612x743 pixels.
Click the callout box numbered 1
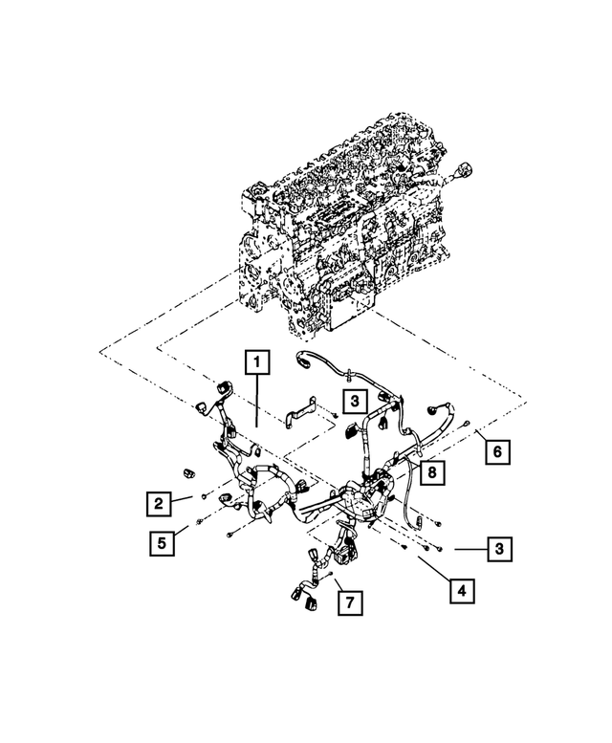[x=257, y=362]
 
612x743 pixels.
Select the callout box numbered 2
[x=160, y=501]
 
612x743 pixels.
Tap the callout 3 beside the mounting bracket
[x=353, y=400]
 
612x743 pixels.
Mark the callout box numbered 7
[x=350, y=602]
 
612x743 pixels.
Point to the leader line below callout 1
[x=257, y=402]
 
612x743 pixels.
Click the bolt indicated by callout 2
[x=205, y=496]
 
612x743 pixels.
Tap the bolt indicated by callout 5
[x=197, y=521]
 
